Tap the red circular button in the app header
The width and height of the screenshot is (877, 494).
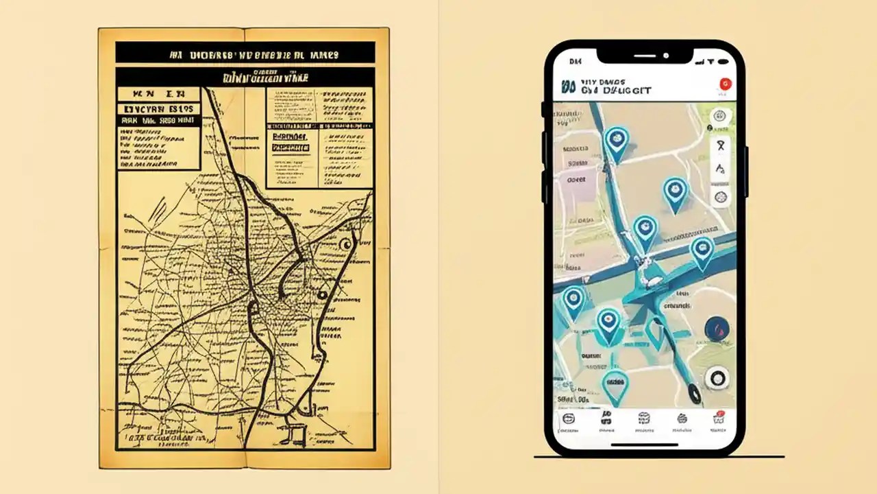pyautogui.click(x=724, y=84)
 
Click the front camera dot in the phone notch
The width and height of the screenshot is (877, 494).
pyautogui.click(x=665, y=55)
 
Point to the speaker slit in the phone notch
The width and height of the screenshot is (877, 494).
pyautogui.click(x=644, y=55)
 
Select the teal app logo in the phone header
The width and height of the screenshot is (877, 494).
pyautogui.click(x=567, y=86)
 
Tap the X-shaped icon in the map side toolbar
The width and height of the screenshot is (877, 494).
pyautogui.click(x=720, y=145)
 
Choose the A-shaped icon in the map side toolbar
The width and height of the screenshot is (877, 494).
pyautogui.click(x=720, y=169)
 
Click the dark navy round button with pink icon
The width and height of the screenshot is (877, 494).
pyautogui.click(x=717, y=329)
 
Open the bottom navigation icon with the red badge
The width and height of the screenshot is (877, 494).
pyautogui.click(x=719, y=418)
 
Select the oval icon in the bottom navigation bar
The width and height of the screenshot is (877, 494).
pyautogui.click(x=569, y=419)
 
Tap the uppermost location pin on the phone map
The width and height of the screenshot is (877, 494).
pyautogui.click(x=616, y=141)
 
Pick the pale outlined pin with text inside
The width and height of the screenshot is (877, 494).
pyautogui.click(x=615, y=386)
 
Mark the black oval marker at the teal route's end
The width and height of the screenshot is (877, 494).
pyautogui.click(x=694, y=392)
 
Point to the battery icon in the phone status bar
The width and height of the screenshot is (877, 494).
pyautogui.click(x=719, y=62)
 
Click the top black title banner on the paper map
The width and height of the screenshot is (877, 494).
pyautogui.click(x=245, y=52)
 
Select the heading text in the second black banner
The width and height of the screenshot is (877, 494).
pyautogui.click(x=245, y=77)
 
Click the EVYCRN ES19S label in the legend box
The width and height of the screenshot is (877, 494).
pyautogui.click(x=158, y=108)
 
